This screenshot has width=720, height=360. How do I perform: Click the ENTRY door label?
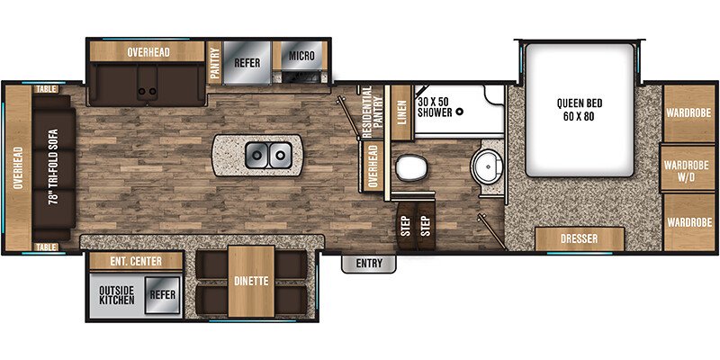(x=369, y=264)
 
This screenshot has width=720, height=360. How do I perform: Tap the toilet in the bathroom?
(x=411, y=168)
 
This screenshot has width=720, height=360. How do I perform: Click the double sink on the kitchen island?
(x=266, y=157)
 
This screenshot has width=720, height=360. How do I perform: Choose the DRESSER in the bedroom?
(x=580, y=240)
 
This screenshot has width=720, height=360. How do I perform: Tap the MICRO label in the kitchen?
(x=301, y=57)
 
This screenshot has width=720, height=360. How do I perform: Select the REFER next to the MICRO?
(x=247, y=63)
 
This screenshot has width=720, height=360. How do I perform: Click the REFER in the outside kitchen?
(x=163, y=293)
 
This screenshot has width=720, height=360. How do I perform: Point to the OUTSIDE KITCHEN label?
(x=117, y=294)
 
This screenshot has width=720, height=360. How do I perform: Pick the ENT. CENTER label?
(x=135, y=261)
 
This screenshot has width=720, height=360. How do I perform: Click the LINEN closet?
(x=402, y=114)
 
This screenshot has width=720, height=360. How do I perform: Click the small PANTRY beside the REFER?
(x=215, y=63)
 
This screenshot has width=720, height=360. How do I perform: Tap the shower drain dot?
(x=459, y=112)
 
